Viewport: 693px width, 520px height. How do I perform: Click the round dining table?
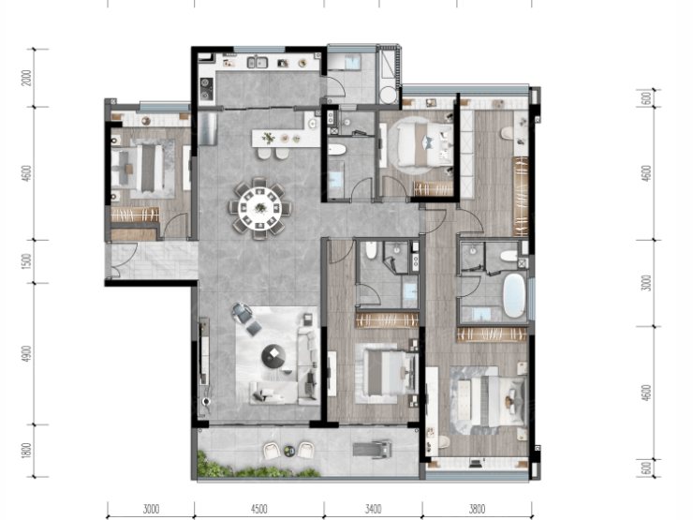pyautogui.click(x=260, y=208)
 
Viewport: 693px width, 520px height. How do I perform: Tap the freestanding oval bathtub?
pyautogui.click(x=514, y=295)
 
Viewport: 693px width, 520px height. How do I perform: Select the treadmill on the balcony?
pyautogui.click(x=373, y=449)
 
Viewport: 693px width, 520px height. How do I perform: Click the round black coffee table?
pyautogui.click(x=273, y=356)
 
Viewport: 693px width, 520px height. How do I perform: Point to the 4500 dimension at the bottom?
pyautogui.click(x=258, y=509)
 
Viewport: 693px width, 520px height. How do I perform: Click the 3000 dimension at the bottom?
pyautogui.click(x=151, y=509)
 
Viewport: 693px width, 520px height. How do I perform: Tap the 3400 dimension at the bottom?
pyautogui.click(x=373, y=509)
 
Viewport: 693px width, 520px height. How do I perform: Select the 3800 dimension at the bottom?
pyautogui.click(x=477, y=509)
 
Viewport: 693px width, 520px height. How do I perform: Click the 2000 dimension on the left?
pyautogui.click(x=27, y=78)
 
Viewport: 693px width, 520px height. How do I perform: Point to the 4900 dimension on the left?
pyautogui.click(x=27, y=354)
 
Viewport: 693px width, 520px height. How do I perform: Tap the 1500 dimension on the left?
pyautogui.click(x=27, y=261)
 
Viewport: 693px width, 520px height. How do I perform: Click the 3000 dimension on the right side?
pyautogui.click(x=646, y=283)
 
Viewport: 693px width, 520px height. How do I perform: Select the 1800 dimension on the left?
pyautogui.click(x=27, y=451)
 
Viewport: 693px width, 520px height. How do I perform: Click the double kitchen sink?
pyautogui.click(x=258, y=63)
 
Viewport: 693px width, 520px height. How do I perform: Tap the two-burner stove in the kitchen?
pyautogui.click(x=206, y=88)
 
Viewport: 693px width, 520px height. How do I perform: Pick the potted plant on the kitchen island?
pyautogui.click(x=268, y=139)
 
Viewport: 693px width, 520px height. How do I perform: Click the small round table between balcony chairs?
pyautogui.click(x=289, y=451)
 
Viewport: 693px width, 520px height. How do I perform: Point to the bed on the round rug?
pyautogui.click(x=424, y=144)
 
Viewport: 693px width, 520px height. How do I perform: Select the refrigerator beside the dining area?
pyautogui.click(x=207, y=128)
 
